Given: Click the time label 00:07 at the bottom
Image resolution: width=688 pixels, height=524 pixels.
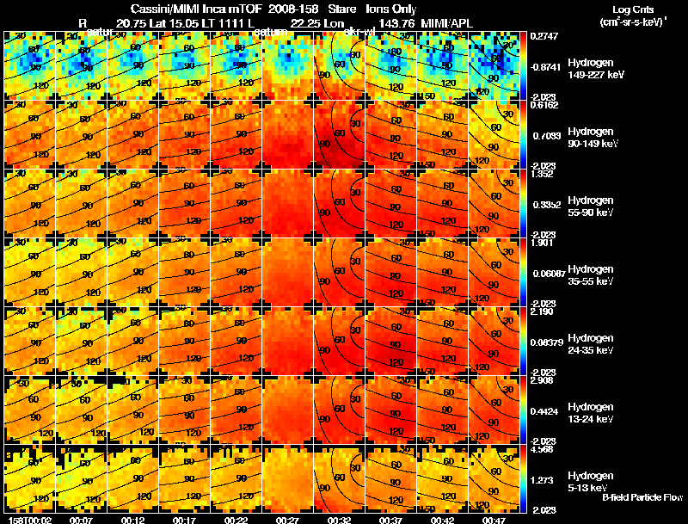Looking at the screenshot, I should [x=81, y=520].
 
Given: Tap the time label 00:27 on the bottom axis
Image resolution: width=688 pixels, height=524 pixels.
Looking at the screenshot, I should [x=287, y=520].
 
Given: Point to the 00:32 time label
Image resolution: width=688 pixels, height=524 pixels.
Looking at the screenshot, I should [x=339, y=520].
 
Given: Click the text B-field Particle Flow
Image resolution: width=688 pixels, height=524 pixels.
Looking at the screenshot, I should [x=642, y=497].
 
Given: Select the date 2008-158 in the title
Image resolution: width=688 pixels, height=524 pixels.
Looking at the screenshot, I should [x=293, y=8].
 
